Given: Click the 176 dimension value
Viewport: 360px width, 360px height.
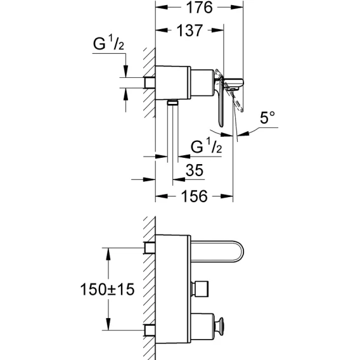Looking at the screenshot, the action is [199, 8].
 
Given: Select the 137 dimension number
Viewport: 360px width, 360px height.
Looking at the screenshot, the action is [190, 30].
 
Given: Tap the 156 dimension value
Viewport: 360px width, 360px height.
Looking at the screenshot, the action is [194, 196].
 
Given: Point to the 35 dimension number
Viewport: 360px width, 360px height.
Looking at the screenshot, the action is [195, 170].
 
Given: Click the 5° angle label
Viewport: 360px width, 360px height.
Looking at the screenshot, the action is [267, 117].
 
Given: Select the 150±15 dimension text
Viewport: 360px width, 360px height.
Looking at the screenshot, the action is [107, 289].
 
